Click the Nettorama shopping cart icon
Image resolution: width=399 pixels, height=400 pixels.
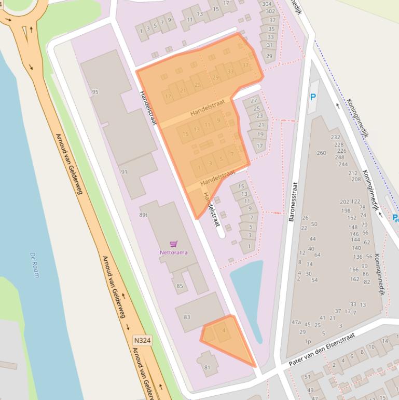click(173, 244)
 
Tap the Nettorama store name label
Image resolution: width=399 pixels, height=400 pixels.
click(173, 252)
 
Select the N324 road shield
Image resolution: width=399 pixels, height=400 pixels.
click(142, 340)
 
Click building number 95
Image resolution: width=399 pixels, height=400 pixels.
click(95, 92)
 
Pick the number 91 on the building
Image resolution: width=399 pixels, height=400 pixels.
click(124, 172)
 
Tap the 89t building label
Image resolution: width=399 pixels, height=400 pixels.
click(143, 215)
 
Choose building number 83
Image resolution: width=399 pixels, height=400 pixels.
click(187, 317)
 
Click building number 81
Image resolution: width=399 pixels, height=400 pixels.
click(207, 367)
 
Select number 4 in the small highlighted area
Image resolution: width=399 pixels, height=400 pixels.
click(224, 330)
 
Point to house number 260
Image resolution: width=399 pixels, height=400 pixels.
click(321, 153)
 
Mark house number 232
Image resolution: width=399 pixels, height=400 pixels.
click(336, 137)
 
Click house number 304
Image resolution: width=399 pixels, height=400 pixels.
click(267, 4)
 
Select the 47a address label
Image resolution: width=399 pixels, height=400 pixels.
click(296, 322)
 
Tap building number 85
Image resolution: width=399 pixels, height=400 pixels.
click(180, 286)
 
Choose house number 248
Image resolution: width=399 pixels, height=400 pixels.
click(340, 157)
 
